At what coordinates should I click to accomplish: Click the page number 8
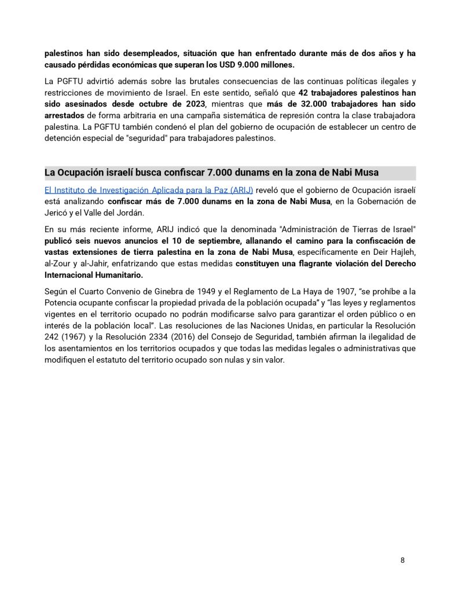(x=402, y=560)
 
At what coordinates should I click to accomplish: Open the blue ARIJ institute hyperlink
(x=149, y=190)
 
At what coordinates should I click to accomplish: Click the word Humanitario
(x=116, y=274)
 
